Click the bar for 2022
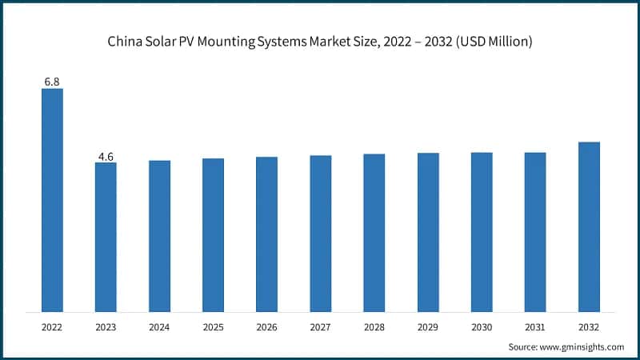tap(52, 200)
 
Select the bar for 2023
tap(106, 237)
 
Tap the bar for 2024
tap(159, 236)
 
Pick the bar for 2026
tap(266, 234)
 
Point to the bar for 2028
tap(374, 233)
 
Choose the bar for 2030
tap(482, 232)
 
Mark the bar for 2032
tap(589, 227)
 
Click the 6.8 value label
tap(52, 81)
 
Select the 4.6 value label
tap(106, 155)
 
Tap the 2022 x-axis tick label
tap(52, 327)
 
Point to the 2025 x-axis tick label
tap(213, 327)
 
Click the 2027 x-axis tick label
tap(320, 327)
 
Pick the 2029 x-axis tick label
tap(428, 327)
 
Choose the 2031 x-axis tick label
tap(535, 327)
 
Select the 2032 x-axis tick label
tap(589, 327)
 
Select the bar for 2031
tap(535, 232)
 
